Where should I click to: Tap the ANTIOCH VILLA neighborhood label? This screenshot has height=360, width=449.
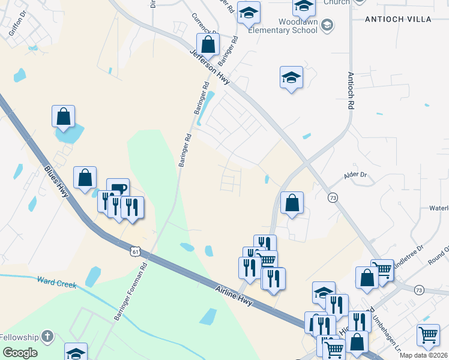tap(398, 19)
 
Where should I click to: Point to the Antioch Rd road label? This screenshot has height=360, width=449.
tap(351, 90)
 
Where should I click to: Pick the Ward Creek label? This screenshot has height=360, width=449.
tap(56, 282)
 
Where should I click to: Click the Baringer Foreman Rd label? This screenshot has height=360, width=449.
tap(130, 292)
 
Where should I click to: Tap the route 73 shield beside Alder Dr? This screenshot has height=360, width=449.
tap(333, 197)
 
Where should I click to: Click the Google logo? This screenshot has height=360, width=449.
tap(20, 353)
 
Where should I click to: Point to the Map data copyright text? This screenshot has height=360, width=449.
tap(424, 355)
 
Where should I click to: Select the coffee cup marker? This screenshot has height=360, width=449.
tap(118, 188)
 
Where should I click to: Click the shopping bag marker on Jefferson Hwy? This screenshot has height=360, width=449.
tap(208, 44)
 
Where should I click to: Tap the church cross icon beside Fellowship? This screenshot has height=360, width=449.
tap(48, 337)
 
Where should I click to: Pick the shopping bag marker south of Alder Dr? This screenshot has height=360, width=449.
tap(292, 203)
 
